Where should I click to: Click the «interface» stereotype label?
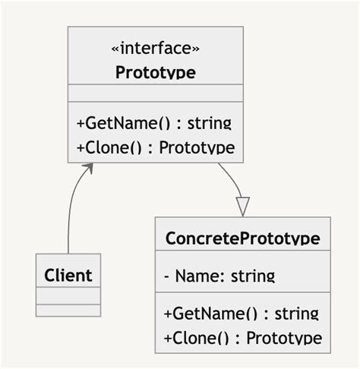pyautogui.click(x=156, y=49)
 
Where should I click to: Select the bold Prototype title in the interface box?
pyautogui.click(x=156, y=73)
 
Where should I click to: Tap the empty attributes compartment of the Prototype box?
pyautogui.click(x=156, y=93)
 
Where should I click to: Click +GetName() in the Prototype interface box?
pyautogui.click(x=114, y=123)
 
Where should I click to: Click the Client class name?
pyautogui.click(x=68, y=275)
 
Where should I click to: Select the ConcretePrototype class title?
pyautogui.click(x=242, y=238)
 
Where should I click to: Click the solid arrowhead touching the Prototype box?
pyautogui.click(x=90, y=167)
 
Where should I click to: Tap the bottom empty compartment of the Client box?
pyautogui.click(x=68, y=311)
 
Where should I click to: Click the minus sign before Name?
pyautogui.click(x=166, y=276)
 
